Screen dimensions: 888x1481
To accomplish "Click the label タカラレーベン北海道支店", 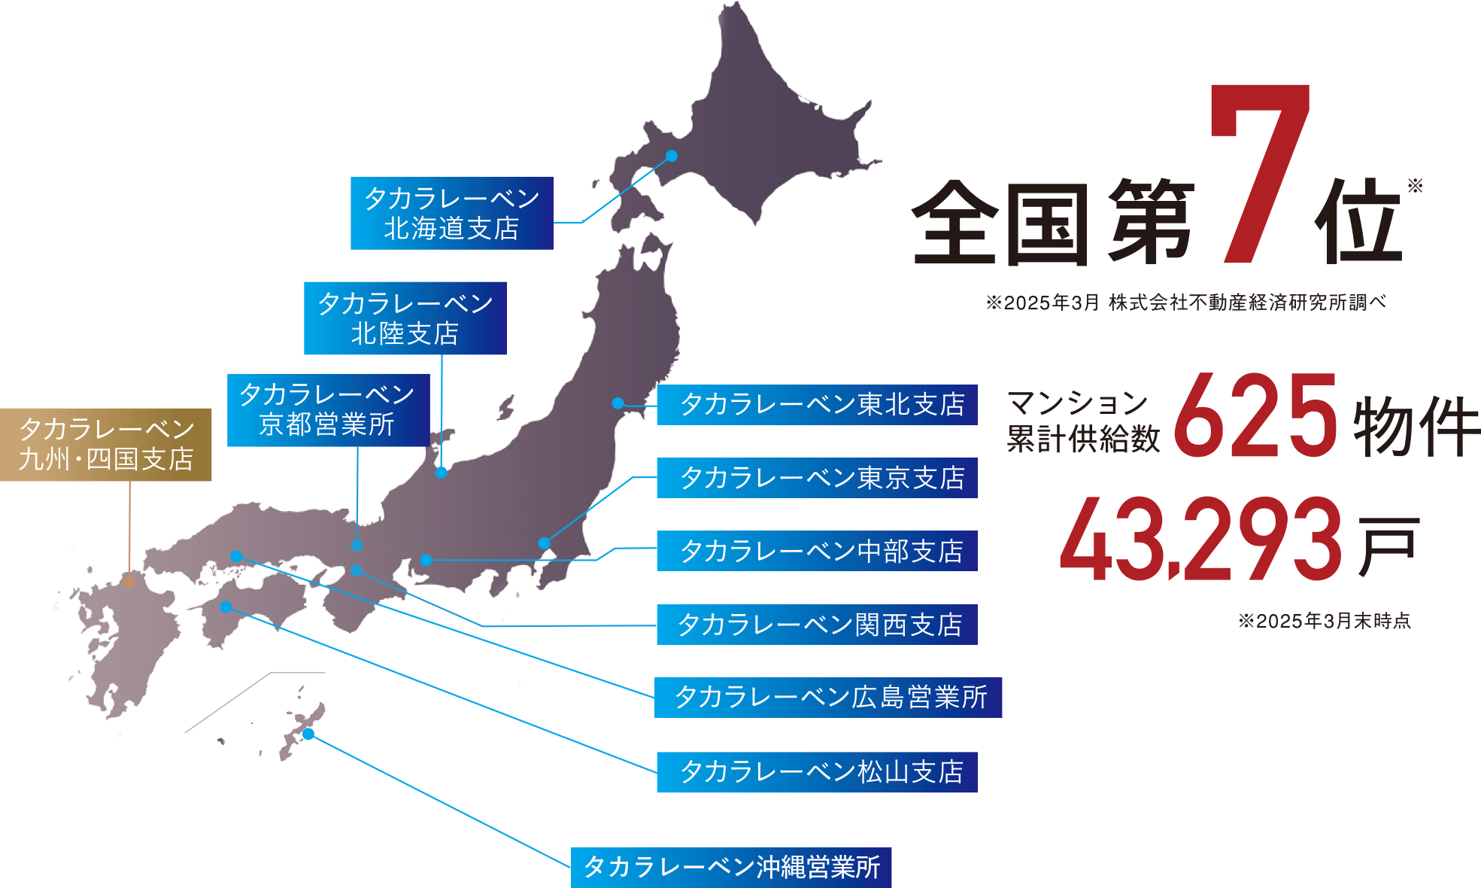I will point(451,214).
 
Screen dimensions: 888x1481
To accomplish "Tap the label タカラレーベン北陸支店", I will point(405,318).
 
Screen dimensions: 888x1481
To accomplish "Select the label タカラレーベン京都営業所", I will point(326,409).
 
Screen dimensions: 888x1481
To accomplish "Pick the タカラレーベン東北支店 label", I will point(822,405).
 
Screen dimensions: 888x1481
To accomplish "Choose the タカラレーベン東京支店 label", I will point(822,478).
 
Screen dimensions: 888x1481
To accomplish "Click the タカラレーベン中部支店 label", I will point(821,552).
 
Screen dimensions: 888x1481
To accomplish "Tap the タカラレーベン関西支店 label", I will point(820,625).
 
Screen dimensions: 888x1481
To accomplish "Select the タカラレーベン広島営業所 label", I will point(830,698).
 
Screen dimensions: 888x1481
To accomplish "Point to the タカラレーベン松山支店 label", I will point(821,772).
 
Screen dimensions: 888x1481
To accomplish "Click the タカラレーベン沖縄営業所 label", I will point(732,867).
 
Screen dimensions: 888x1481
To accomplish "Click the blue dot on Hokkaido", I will point(672,156).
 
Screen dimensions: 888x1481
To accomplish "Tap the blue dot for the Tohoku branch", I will point(618,403).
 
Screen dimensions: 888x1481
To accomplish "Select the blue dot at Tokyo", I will point(544,543).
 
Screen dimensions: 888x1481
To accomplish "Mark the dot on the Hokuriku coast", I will point(441,473).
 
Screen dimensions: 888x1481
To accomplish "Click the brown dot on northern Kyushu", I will point(129,581).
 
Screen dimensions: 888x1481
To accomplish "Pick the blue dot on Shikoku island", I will point(226,607).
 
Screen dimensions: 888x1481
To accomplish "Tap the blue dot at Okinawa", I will point(307,733).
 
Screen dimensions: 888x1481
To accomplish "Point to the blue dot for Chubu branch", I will point(426,560).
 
